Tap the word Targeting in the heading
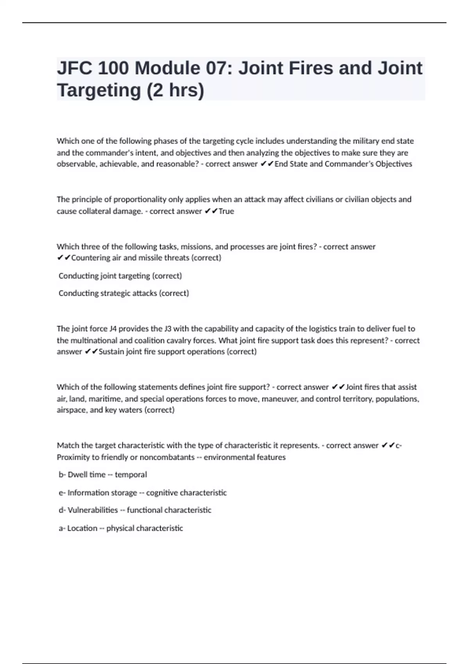pos(99,91)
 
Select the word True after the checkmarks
pos(226,211)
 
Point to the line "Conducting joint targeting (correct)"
pos(120,276)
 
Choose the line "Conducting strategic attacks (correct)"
pos(124,293)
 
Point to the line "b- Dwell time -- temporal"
pos(102,475)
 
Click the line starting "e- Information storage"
pos(142,493)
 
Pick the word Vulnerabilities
pos(93,510)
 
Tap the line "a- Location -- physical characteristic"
pos(120,528)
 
